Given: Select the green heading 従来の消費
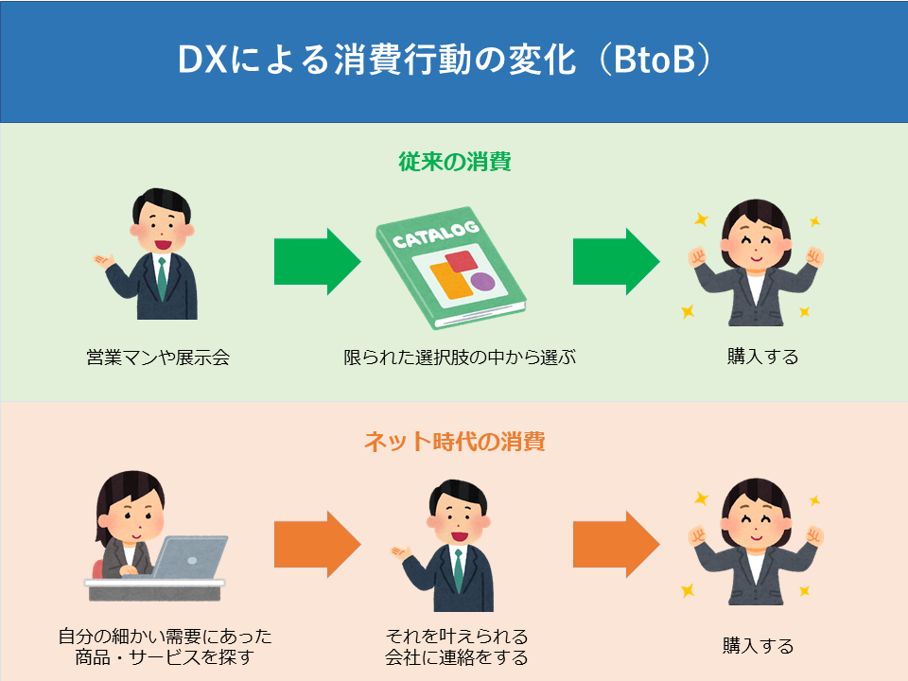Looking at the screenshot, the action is (x=455, y=162).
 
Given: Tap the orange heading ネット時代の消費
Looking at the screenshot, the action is (x=455, y=442).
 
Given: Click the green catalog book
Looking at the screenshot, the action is (x=451, y=268).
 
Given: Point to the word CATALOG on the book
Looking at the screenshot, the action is (x=435, y=234).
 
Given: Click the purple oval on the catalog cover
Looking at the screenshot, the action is (x=482, y=282).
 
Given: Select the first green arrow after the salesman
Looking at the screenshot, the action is (x=318, y=262).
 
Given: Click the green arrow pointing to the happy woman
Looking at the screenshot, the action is (x=616, y=262).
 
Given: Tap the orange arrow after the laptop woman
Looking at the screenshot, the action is (x=318, y=545).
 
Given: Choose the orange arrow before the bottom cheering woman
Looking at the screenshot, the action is (x=616, y=545).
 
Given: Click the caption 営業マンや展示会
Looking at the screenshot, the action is (x=158, y=358).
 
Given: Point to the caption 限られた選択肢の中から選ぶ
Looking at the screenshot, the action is (x=460, y=358).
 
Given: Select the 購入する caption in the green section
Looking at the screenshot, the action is (x=762, y=357).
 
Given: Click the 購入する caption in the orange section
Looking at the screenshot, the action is (x=758, y=645).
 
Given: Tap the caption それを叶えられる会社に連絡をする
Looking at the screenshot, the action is (x=457, y=647).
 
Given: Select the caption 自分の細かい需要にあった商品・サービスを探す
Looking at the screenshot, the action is (x=165, y=647).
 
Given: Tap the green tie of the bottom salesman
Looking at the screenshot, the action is (x=458, y=570).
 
